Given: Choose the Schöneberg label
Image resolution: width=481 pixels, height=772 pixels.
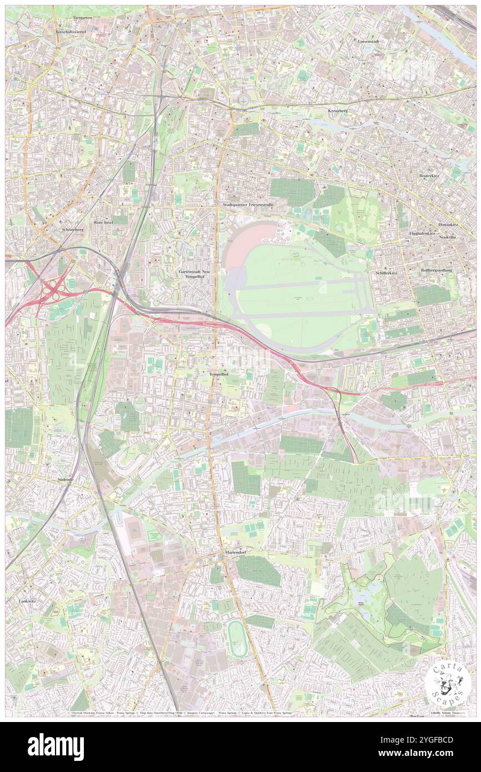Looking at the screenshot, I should [x=72, y=229].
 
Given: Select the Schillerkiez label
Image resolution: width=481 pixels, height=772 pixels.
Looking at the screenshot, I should [x=388, y=273].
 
